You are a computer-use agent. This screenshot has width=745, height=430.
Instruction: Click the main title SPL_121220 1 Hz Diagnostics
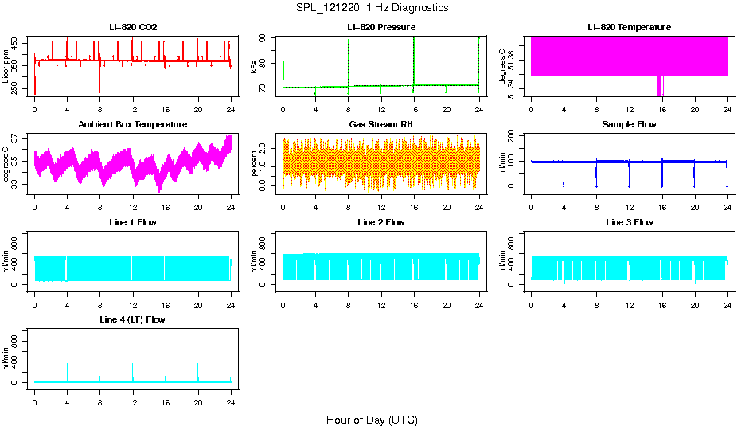point(372,8)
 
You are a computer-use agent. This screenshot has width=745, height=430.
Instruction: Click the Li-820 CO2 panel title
point(133,27)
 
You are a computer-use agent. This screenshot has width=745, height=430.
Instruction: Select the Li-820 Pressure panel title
point(380,27)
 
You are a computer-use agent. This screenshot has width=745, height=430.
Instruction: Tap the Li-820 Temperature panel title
point(629,27)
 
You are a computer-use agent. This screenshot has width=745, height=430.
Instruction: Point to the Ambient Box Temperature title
point(133,124)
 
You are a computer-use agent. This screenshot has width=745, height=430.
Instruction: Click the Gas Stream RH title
point(380,124)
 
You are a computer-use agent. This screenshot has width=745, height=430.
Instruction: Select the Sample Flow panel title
point(629,124)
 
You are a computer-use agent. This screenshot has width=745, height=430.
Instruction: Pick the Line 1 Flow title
point(133,222)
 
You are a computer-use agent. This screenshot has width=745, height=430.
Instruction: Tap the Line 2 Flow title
point(380,222)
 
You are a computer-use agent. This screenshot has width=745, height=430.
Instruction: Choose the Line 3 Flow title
point(629,222)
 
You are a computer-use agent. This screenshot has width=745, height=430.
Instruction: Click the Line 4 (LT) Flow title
point(133,319)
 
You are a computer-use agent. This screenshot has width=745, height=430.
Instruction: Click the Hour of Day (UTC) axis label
point(372,420)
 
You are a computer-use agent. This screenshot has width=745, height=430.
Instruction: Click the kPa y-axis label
point(255,67)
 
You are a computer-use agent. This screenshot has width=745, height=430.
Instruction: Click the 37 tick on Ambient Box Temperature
point(14,138)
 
